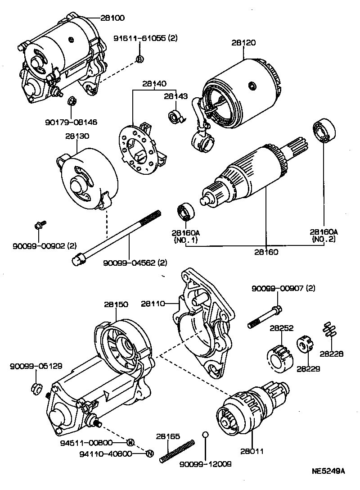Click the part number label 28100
click(112, 18)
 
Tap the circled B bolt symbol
click(139, 59)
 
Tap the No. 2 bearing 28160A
click(322, 131)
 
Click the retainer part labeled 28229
click(304, 346)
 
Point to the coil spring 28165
click(177, 450)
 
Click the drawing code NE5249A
click(328, 472)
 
